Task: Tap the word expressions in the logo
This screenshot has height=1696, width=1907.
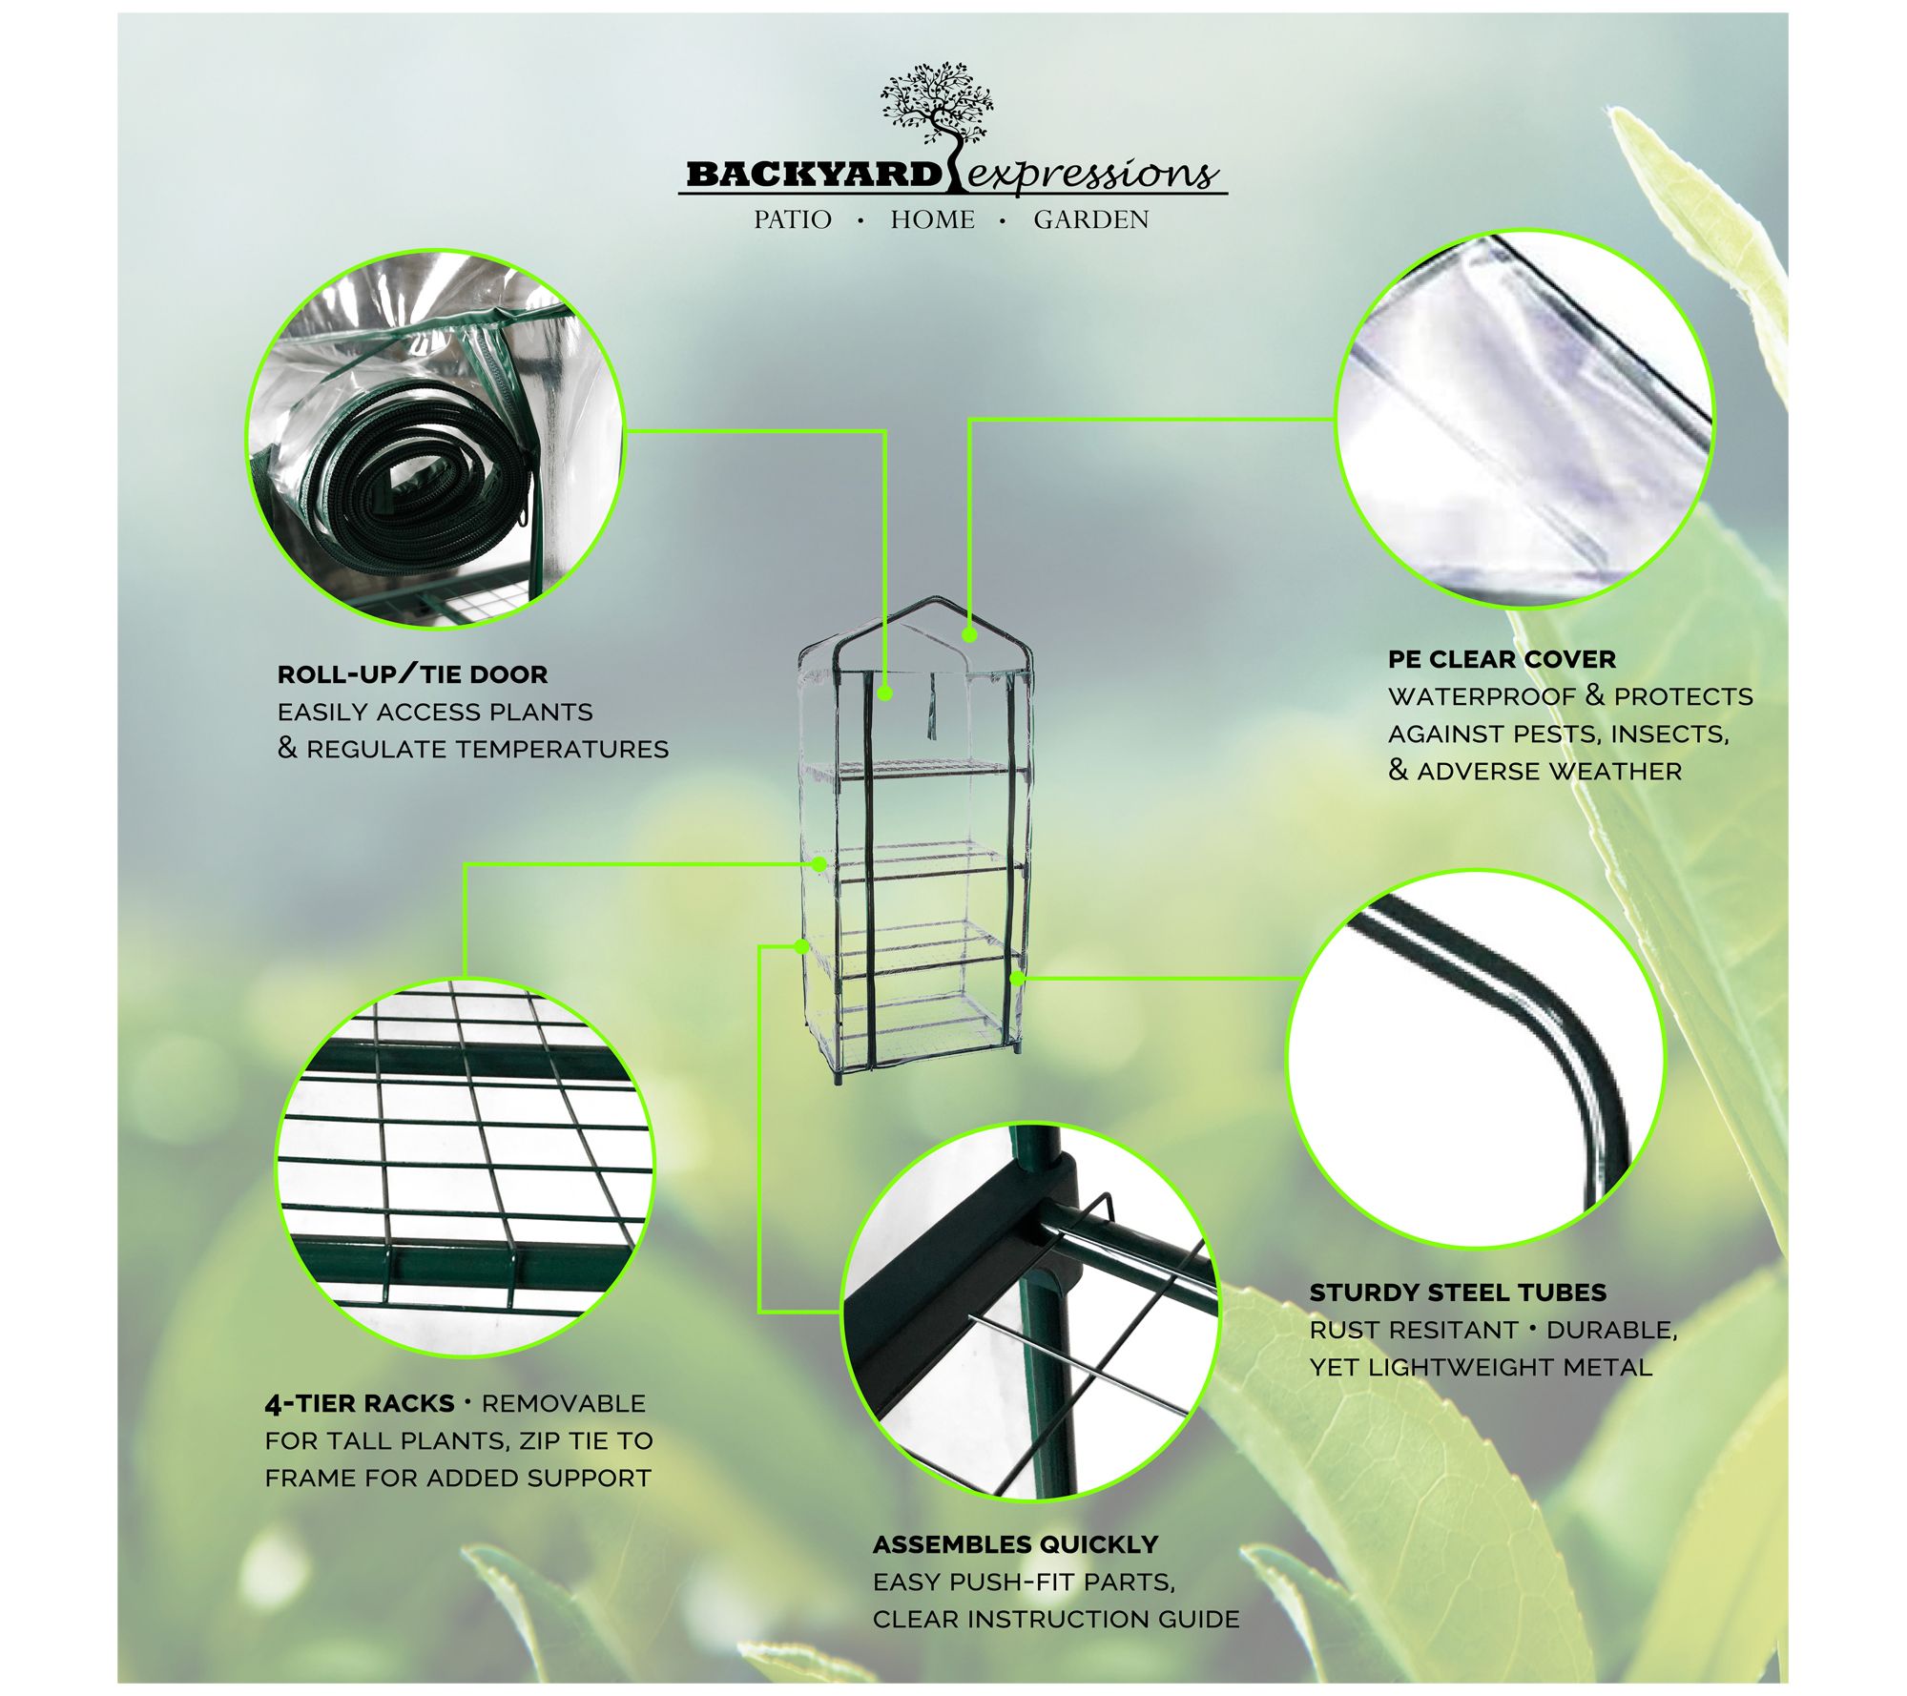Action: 1093,175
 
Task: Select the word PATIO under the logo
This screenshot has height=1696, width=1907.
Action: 792,220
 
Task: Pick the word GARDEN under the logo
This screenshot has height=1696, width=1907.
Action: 1090,220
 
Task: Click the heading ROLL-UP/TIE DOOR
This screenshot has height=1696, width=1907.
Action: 412,674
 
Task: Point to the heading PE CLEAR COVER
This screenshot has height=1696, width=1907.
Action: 1502,659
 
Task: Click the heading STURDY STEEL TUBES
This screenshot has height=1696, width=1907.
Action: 1458,1293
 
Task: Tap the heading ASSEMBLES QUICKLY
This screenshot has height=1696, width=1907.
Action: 1015,1544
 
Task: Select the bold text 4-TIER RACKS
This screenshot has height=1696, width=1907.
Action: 360,1403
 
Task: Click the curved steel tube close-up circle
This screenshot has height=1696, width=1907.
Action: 1476,1058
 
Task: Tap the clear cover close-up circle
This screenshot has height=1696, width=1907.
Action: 1524,419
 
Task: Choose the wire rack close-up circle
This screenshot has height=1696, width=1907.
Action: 466,1168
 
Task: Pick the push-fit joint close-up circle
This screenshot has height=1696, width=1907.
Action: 1030,1311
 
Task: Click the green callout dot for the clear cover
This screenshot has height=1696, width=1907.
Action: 969,634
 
